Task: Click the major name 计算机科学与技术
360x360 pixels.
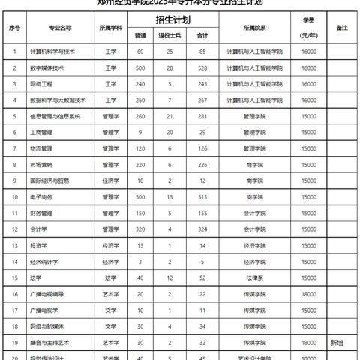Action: point(52,52)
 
